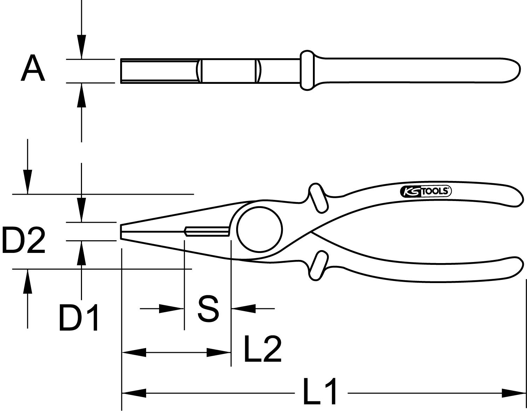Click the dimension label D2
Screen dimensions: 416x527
tap(24, 241)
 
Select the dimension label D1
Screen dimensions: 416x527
tap(78, 318)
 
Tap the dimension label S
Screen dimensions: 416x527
tap(208, 309)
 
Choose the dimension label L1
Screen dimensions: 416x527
tap(320, 391)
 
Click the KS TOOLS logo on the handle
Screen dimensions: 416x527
tap(425, 191)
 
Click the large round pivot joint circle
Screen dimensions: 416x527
tap(259, 229)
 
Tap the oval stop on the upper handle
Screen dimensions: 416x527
tap(318, 198)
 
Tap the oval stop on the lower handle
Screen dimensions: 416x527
tap(318, 266)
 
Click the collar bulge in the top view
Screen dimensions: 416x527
tap(307, 70)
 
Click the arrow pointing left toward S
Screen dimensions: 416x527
tap(243, 309)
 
